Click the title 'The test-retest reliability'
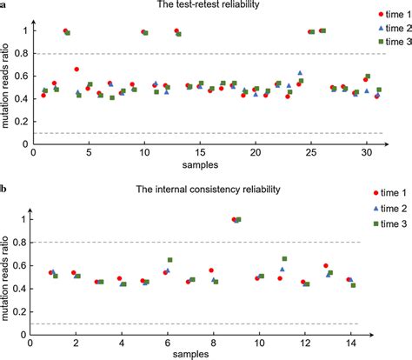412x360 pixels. [x=206, y=7]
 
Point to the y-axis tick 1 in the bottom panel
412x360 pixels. [x=26, y=219]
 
